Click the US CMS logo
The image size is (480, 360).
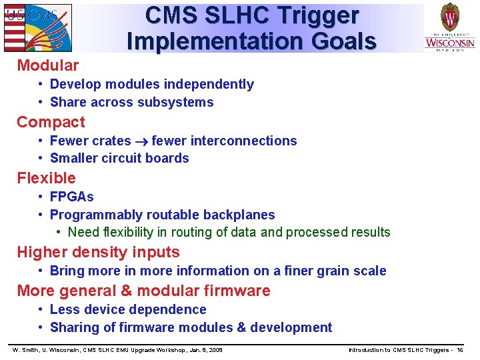point(37,27)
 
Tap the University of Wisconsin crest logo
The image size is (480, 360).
point(450,26)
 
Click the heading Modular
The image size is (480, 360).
point(47,65)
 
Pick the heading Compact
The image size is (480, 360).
point(51,122)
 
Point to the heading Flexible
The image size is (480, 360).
point(46,178)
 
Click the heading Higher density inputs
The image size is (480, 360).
point(98,252)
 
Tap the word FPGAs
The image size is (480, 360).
point(71,197)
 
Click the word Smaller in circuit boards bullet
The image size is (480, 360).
point(73,158)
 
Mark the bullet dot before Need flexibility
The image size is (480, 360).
point(59,232)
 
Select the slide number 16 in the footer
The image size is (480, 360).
point(459,350)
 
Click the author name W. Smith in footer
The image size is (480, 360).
point(26,350)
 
